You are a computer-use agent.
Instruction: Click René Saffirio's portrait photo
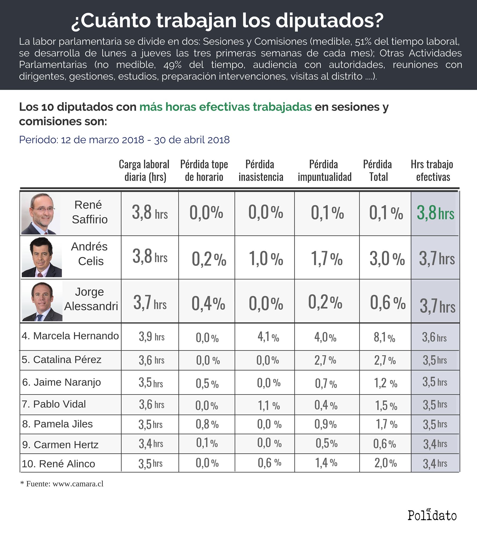(40, 214)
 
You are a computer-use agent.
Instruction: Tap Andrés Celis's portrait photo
(42, 257)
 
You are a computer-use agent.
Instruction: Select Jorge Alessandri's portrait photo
(42, 301)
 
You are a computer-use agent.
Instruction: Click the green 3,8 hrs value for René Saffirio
(435, 213)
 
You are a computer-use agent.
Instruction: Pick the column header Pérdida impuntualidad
(324, 171)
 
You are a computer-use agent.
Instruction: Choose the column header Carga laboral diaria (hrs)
(144, 171)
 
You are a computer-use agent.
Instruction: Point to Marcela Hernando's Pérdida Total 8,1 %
(384, 337)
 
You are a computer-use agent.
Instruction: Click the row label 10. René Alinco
(59, 464)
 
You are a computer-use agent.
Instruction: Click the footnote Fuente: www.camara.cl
(62, 484)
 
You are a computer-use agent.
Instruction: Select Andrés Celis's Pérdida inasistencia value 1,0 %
(266, 258)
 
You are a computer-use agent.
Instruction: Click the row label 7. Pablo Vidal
(54, 404)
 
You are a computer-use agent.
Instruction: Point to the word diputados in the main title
(330, 20)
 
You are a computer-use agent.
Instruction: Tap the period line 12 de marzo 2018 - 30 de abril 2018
(124, 140)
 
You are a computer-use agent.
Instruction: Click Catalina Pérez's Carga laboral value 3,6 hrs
(151, 360)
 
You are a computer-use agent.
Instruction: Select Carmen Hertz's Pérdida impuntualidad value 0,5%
(326, 443)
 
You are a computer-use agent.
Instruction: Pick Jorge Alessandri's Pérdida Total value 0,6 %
(387, 303)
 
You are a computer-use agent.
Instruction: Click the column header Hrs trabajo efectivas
(432, 171)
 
